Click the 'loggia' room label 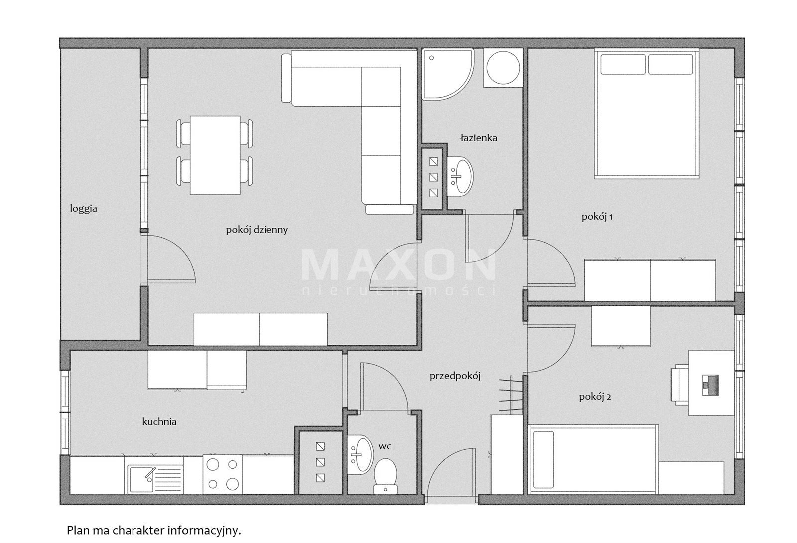pos(83,209)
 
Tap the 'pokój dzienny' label pos(257,230)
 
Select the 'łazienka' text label pos(479,138)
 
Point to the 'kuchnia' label pos(159,422)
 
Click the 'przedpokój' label pos(455,377)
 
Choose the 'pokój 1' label pos(597,217)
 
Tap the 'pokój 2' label pos(595,397)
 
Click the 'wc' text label pos(384,446)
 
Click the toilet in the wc pos(386,476)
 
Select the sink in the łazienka pos(460,176)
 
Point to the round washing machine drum pos(503,68)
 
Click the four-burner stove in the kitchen pos(223,475)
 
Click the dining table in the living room pos(215,155)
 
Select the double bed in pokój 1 pos(647,114)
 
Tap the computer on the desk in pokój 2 pos(711,385)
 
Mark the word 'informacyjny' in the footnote pos(204,531)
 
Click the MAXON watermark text pos(398,265)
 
